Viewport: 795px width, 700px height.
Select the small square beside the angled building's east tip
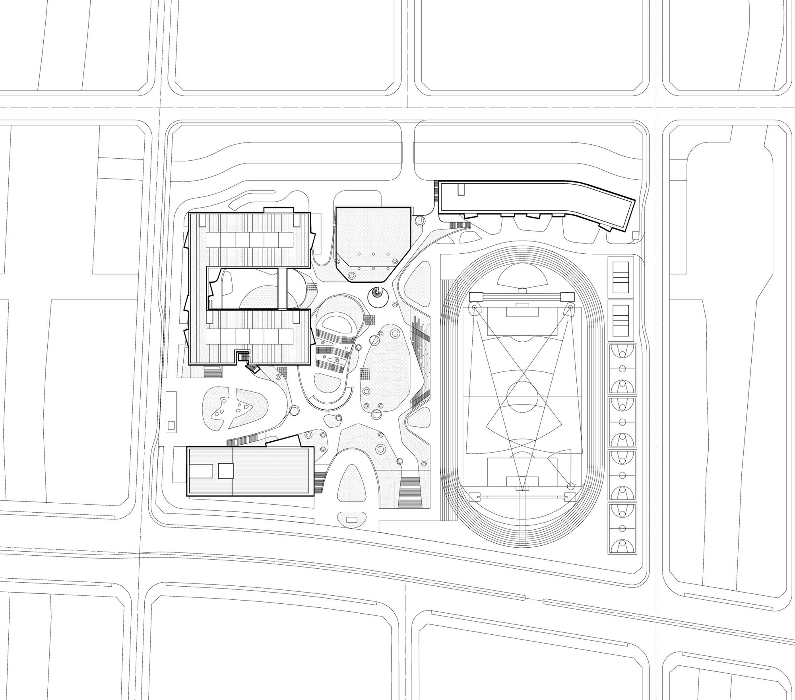click(635, 235)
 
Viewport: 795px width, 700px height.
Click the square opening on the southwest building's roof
click(226, 471)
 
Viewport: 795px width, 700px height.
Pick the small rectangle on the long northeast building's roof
click(460, 189)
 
